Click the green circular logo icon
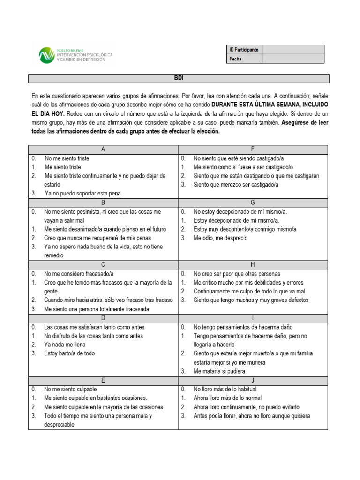tap(46, 55)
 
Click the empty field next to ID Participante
tap(293, 49)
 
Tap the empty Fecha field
tap(293, 59)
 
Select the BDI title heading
tap(178, 78)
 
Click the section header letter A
tap(103, 150)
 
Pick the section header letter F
tap(253, 150)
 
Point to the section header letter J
tap(253, 380)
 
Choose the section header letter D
tap(103, 318)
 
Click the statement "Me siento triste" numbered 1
tap(63, 167)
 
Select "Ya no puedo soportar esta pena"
tap(82, 193)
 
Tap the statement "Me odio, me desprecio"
tap(220, 238)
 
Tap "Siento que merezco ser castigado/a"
tap(236, 185)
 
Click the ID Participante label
tap(244, 50)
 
